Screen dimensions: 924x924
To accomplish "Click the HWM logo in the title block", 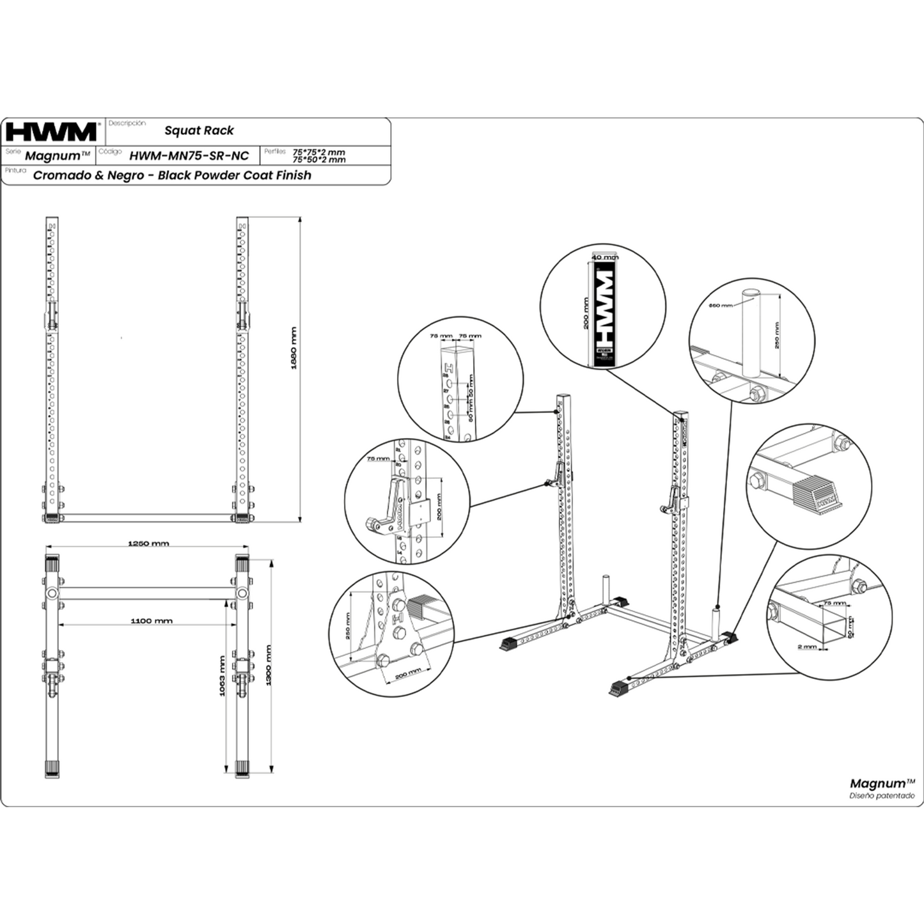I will (51, 132).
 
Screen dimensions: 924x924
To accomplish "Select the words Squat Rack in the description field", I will (199, 130).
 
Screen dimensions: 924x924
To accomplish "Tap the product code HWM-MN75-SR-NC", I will (189, 155).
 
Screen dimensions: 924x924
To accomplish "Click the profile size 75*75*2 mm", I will (318, 152).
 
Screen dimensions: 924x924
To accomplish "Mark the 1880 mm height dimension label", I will (294, 348).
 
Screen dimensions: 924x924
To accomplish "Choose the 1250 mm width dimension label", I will (148, 544).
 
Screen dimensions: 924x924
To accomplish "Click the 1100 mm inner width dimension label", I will (152, 620).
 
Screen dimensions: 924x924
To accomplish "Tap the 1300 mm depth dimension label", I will (269, 665).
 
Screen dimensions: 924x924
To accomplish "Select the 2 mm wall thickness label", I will (806, 646).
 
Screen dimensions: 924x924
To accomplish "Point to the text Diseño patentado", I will (882, 796).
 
